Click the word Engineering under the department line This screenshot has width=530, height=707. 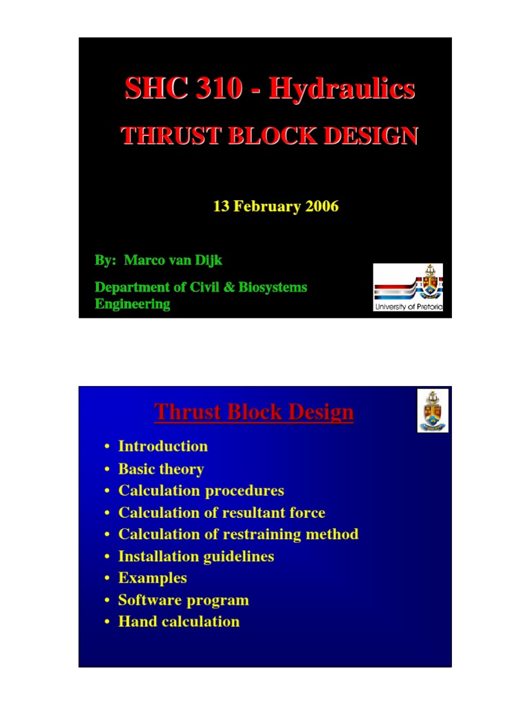[x=132, y=304]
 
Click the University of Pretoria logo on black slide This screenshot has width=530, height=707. [x=408, y=287]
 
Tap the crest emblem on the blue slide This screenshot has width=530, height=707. [x=433, y=410]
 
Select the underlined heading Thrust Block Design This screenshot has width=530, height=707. [x=254, y=412]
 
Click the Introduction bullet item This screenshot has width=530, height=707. [x=163, y=446]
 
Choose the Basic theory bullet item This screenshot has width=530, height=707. [x=161, y=469]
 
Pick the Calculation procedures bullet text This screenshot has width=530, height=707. [x=201, y=490]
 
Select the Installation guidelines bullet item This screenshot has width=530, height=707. [x=196, y=556]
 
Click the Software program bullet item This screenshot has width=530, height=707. [x=183, y=599]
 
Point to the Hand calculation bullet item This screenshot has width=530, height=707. [x=179, y=621]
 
